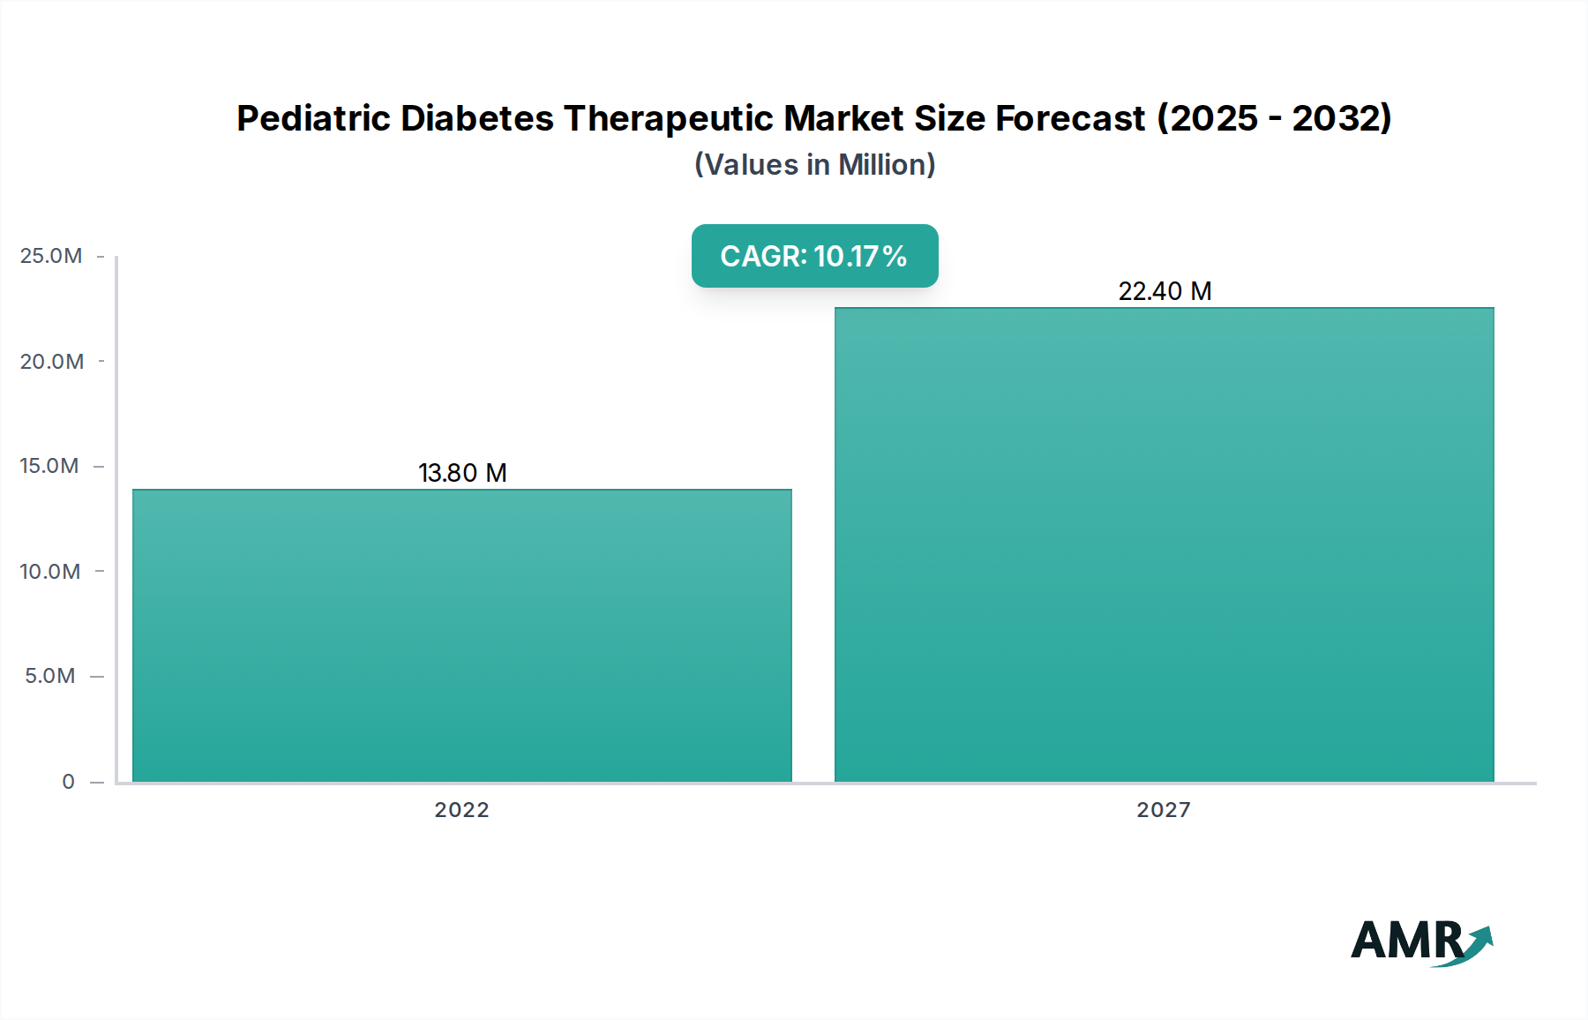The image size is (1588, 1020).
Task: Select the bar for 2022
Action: pos(462,635)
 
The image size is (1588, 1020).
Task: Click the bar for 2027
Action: pos(1164,544)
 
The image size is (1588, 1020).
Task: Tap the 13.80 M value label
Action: pos(462,473)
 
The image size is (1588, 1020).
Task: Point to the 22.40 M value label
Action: pos(1165,291)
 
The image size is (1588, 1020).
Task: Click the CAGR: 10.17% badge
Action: pos(814,256)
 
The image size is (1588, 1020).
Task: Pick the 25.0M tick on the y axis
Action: pos(51,256)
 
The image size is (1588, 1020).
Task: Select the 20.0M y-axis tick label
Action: pos(52,362)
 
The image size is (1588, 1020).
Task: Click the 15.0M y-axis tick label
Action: pos(49,466)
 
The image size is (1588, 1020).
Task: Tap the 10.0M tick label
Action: pos(50,572)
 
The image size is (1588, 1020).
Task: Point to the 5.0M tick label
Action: pos(50,676)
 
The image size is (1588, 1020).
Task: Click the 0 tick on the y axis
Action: pos(69,782)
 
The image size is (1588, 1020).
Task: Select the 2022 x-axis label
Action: pos(461,810)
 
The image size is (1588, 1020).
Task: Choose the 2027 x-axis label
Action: pos(1164,810)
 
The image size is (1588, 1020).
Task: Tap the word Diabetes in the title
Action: pos(477,118)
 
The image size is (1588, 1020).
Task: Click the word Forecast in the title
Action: pos(1070,118)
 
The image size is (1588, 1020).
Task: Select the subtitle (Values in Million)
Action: pos(814,165)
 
